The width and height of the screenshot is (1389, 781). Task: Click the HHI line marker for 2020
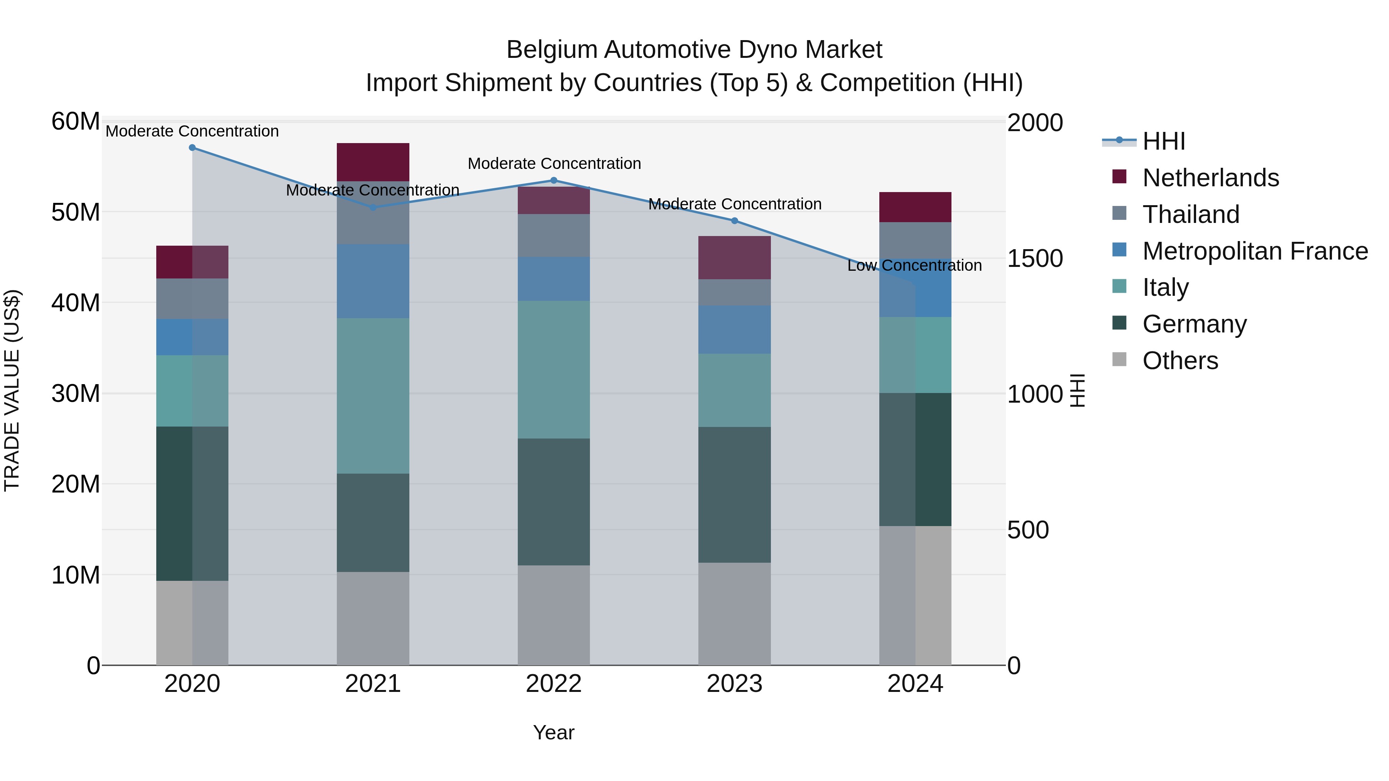192,147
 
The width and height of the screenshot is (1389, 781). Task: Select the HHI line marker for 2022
553,180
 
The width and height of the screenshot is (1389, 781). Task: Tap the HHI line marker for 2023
734,221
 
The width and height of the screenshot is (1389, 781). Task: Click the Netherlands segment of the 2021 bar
373,162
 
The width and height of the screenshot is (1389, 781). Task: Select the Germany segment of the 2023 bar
734,494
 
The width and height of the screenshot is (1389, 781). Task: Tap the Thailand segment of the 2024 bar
915,240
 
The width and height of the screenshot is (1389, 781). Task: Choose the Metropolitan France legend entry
1254,251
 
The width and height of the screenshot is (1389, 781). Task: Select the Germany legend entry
1194,324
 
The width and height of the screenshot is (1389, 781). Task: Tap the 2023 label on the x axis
734,684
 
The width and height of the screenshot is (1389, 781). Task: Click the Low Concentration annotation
914,265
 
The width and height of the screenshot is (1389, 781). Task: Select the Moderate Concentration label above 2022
554,163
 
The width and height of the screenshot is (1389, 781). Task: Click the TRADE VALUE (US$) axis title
12,390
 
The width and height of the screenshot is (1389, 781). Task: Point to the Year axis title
553,732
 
